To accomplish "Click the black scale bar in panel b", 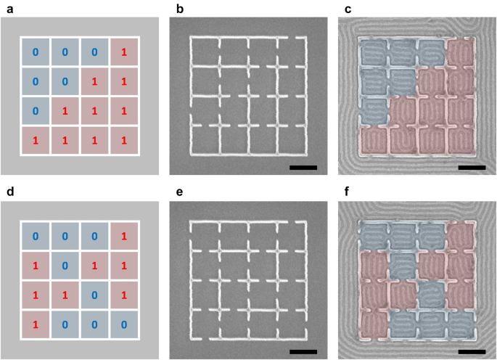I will tap(303, 168).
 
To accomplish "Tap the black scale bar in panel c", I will tap(472, 168).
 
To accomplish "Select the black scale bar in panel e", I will tap(303, 351).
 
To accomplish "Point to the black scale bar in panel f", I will tap(472, 351).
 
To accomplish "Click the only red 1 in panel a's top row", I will tap(124, 52).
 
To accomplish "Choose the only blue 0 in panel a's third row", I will tap(35, 110).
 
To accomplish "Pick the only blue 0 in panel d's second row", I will tap(65, 265).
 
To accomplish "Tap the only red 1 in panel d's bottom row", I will tap(35, 323).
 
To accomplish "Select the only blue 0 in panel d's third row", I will tap(94, 294).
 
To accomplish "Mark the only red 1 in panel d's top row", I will tap(124, 236).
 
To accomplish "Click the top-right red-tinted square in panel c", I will tap(459, 52).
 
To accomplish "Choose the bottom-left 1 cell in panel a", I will tap(35, 139).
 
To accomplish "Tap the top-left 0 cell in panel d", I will tap(35, 236).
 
